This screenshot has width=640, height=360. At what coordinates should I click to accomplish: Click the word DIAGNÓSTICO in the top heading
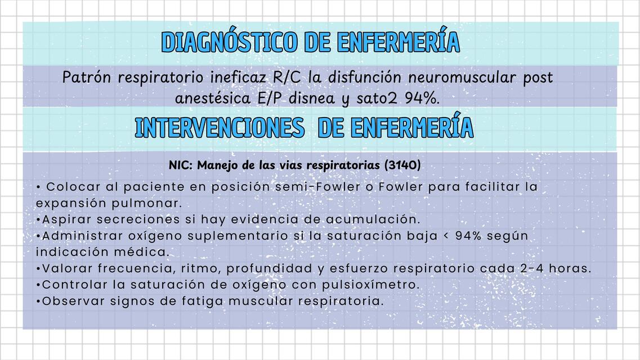click(x=229, y=42)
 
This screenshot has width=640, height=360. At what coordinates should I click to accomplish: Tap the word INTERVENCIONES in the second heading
click(x=220, y=128)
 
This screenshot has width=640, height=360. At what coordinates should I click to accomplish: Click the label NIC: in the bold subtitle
click(x=181, y=165)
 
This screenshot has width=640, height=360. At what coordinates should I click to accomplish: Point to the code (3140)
click(x=402, y=165)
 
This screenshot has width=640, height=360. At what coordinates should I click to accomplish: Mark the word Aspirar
click(x=67, y=219)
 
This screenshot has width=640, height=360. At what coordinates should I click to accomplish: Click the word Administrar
click(x=79, y=235)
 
